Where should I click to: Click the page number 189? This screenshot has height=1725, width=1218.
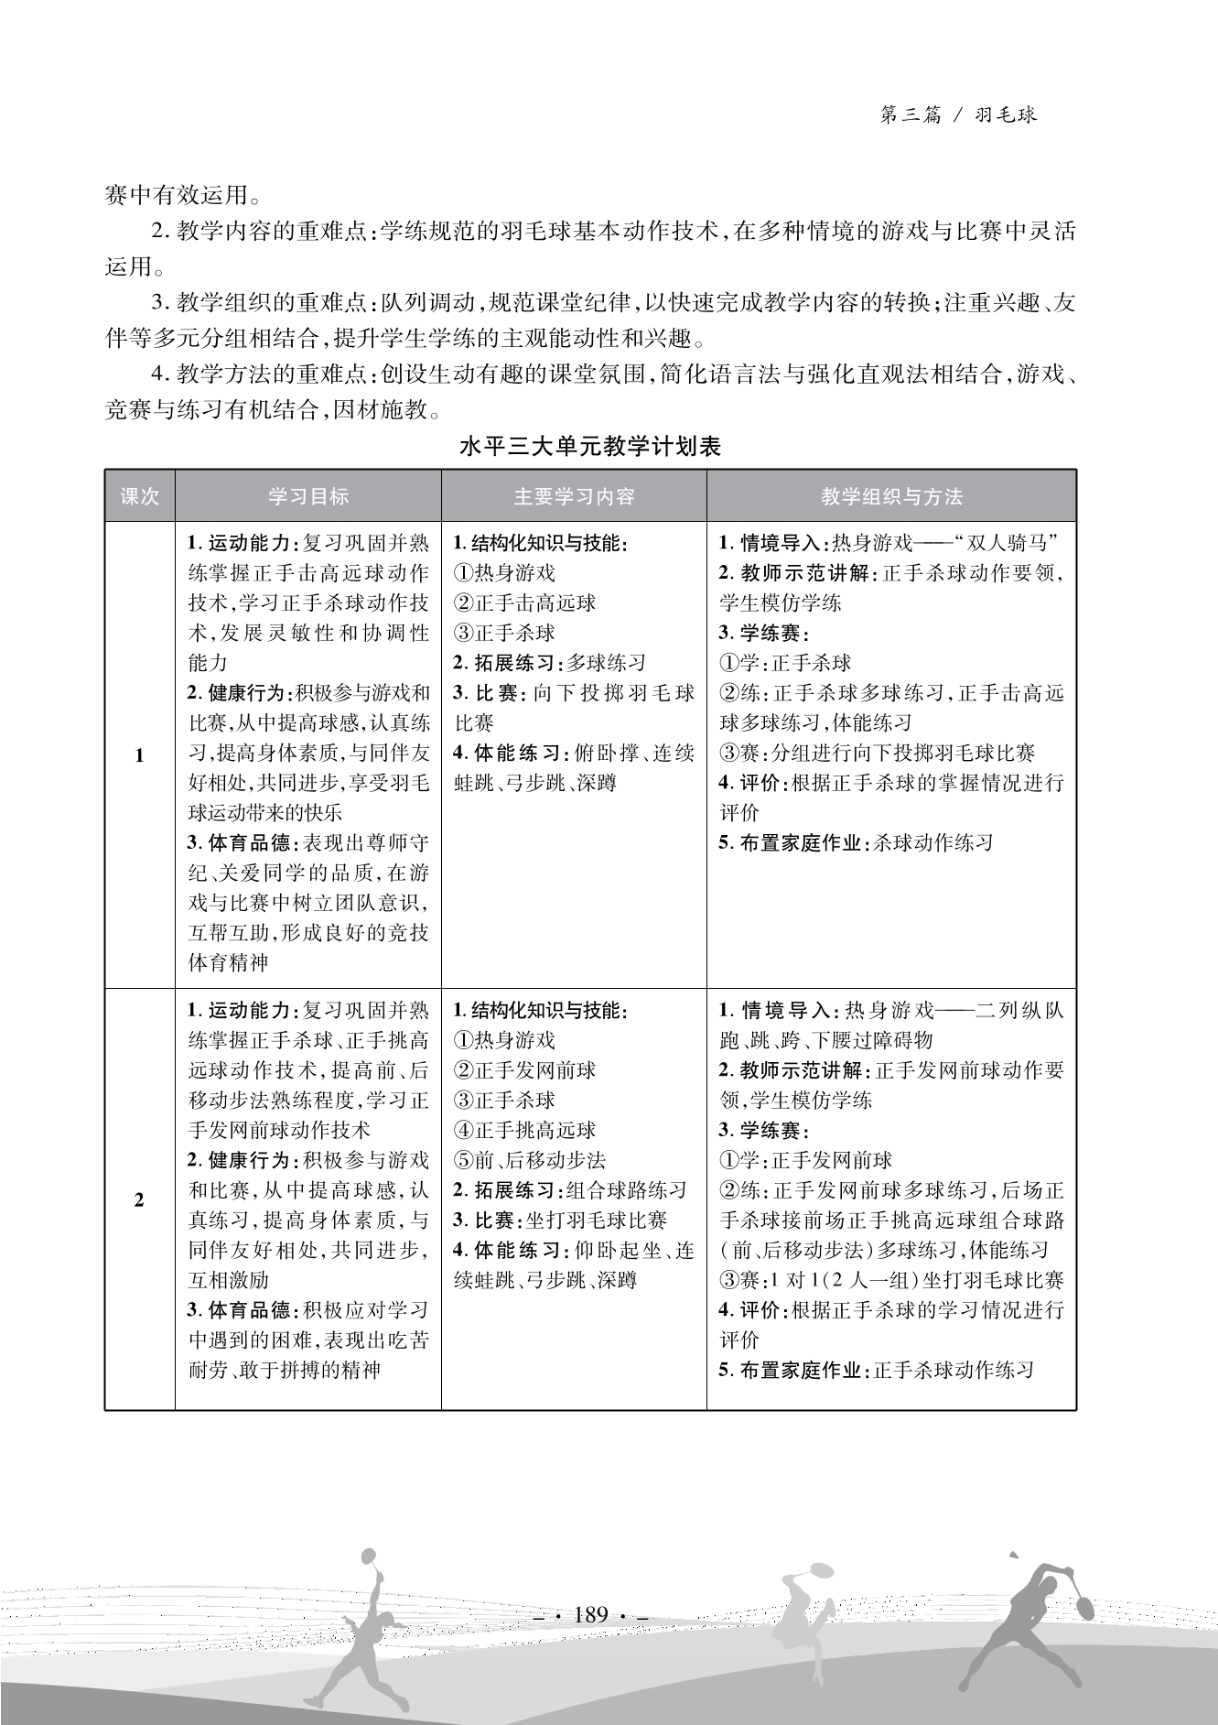point(590,1614)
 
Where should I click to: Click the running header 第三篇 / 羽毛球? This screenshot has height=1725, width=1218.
point(958,115)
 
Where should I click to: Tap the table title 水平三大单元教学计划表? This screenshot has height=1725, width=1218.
point(590,447)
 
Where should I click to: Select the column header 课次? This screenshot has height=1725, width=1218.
point(140,496)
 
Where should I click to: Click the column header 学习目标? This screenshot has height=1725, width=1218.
point(308,496)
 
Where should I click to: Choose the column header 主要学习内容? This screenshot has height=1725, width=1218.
point(574,496)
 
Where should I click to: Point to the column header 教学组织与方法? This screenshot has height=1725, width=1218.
point(891,496)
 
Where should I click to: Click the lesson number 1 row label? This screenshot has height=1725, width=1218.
point(140,755)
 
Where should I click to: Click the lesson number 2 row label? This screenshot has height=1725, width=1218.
point(140,1199)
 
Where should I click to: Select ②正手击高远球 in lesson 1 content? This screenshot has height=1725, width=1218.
point(525,602)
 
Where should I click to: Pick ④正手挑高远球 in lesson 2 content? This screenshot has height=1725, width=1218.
point(525,1130)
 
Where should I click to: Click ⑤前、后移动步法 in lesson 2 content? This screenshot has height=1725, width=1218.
point(531,1160)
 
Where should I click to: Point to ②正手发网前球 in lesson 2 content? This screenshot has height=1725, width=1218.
point(525,1069)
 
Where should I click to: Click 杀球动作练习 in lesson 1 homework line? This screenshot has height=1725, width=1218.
point(933,842)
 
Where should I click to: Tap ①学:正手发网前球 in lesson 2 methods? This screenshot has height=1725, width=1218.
point(806,1160)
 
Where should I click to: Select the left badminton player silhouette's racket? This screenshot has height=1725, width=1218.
point(368,1556)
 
